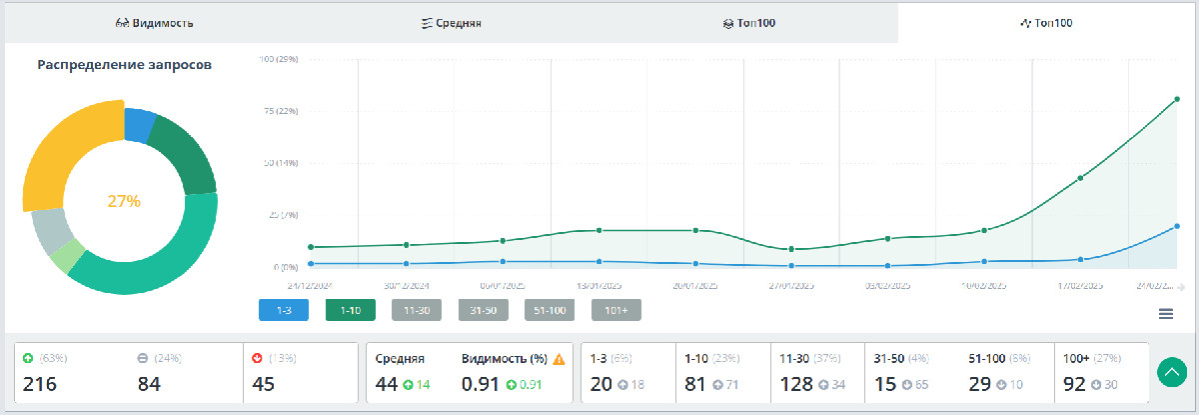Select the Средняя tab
452,22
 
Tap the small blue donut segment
139,125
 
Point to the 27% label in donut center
124,201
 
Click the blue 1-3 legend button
283,310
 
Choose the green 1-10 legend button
350,310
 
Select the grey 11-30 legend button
417,310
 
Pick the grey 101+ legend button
615,310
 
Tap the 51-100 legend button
550,310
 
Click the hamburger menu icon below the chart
1165,314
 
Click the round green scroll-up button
1171,372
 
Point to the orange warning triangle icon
560,359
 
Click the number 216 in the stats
39,384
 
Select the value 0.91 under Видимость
481,384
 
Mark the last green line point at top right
1177,99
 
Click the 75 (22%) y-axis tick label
279,111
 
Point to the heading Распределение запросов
124,65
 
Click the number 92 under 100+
1074,384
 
